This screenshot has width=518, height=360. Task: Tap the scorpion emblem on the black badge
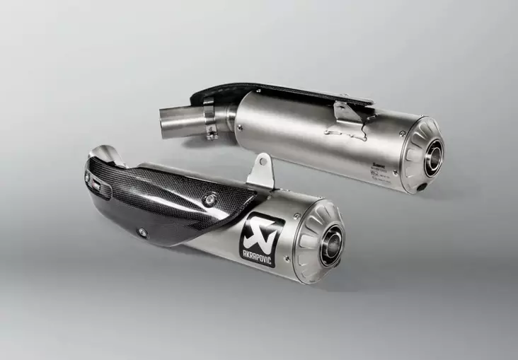263,226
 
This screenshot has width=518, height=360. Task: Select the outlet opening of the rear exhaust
433,157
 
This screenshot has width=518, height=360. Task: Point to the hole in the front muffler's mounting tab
263,161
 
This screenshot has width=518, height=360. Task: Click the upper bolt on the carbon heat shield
210,200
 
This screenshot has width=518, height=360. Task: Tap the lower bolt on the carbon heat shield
143,230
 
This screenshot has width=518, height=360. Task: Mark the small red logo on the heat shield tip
93,182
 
